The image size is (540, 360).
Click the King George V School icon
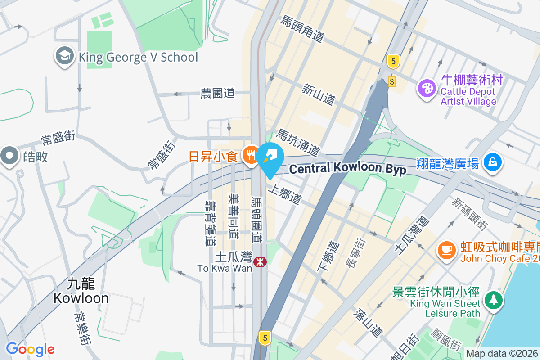tap(65, 57)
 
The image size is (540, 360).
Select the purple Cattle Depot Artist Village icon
tap(426, 88)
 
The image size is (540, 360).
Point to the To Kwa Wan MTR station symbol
tap(259, 262)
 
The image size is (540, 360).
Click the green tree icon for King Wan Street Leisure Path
tap(494, 299)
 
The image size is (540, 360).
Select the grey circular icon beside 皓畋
tap(9, 156)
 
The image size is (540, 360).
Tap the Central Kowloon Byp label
tap(347, 169)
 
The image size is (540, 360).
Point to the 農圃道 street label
tap(218, 93)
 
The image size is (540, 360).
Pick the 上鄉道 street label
tap(285, 194)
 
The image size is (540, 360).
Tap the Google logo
tap(30, 349)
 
